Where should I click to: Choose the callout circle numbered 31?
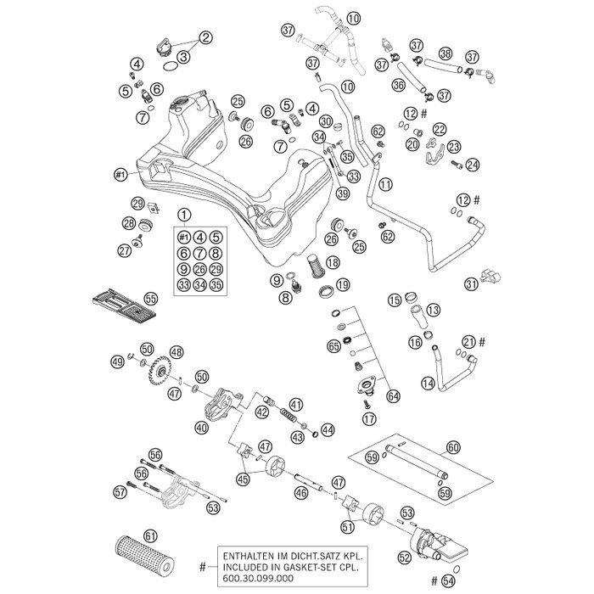471,285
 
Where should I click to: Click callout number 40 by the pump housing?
201,429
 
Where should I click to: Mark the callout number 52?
404,558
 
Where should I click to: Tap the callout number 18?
333,262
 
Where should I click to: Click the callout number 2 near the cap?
205,37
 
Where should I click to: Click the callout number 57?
120,490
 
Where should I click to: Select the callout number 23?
453,146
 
